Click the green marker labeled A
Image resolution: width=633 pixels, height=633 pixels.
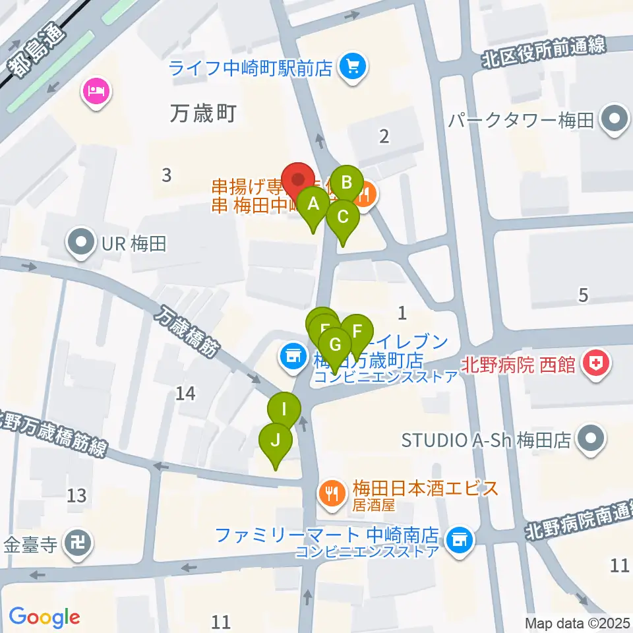pos(314,204)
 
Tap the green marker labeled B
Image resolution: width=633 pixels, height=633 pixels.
pos(347,181)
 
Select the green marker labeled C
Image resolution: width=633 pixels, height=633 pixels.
pos(343,216)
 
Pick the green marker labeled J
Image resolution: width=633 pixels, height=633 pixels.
pos(276,440)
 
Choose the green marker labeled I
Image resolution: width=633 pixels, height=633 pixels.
pos(284,409)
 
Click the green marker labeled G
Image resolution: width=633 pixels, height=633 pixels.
pos(335,344)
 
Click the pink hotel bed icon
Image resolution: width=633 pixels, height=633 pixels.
pos(96,90)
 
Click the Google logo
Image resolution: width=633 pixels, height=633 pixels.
pos(45,617)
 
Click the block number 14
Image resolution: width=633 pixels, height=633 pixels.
pos(186,394)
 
